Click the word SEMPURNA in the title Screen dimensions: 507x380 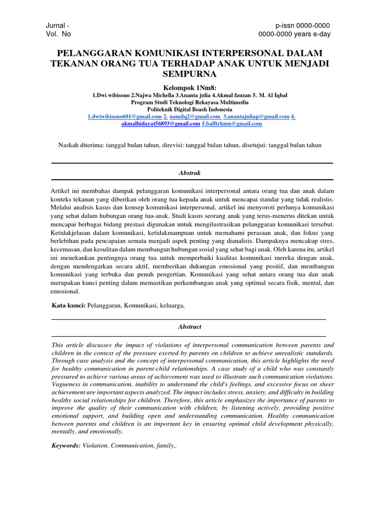190,74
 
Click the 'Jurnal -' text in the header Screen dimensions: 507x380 58,25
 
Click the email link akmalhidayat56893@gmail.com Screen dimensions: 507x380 160,124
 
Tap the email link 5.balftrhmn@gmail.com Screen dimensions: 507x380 232,124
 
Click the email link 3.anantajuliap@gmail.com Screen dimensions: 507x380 256,116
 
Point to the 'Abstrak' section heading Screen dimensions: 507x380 190,172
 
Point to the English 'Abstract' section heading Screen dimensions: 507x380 190,327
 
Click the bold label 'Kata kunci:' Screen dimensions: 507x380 69,305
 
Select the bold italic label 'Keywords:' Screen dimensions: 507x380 66,446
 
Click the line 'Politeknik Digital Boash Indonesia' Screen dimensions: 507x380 190,109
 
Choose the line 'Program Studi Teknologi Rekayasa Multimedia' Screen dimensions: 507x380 190,102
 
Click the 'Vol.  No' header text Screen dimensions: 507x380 58,34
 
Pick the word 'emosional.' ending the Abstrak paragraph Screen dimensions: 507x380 65,292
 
